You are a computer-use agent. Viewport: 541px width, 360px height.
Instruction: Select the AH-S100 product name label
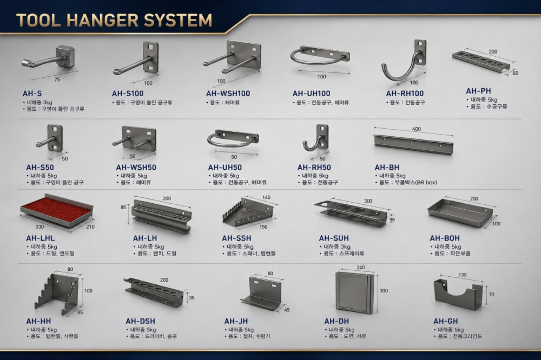[x=128, y=94]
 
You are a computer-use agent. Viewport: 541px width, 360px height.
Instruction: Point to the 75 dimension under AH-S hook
[x=57, y=79]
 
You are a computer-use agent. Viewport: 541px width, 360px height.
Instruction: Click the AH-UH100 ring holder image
[x=320, y=55]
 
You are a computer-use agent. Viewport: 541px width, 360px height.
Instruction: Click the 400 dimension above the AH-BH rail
[x=417, y=129]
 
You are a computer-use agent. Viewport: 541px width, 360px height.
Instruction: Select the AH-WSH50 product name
[x=136, y=168]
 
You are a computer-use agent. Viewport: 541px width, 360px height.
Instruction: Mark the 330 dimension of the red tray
[x=39, y=226]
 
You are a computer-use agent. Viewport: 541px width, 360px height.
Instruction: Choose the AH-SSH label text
[x=236, y=238]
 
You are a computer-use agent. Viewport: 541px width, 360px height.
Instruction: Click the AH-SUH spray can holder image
[x=352, y=212]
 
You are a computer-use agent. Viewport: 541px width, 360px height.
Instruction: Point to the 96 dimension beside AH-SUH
[x=392, y=219]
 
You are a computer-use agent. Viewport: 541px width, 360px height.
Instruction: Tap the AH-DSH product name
[x=140, y=322]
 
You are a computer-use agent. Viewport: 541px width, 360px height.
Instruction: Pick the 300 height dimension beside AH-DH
[x=384, y=291]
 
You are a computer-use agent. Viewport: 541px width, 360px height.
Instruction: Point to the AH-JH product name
[x=236, y=322]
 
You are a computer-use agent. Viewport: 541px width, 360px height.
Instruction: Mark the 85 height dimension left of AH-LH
[x=123, y=207]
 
